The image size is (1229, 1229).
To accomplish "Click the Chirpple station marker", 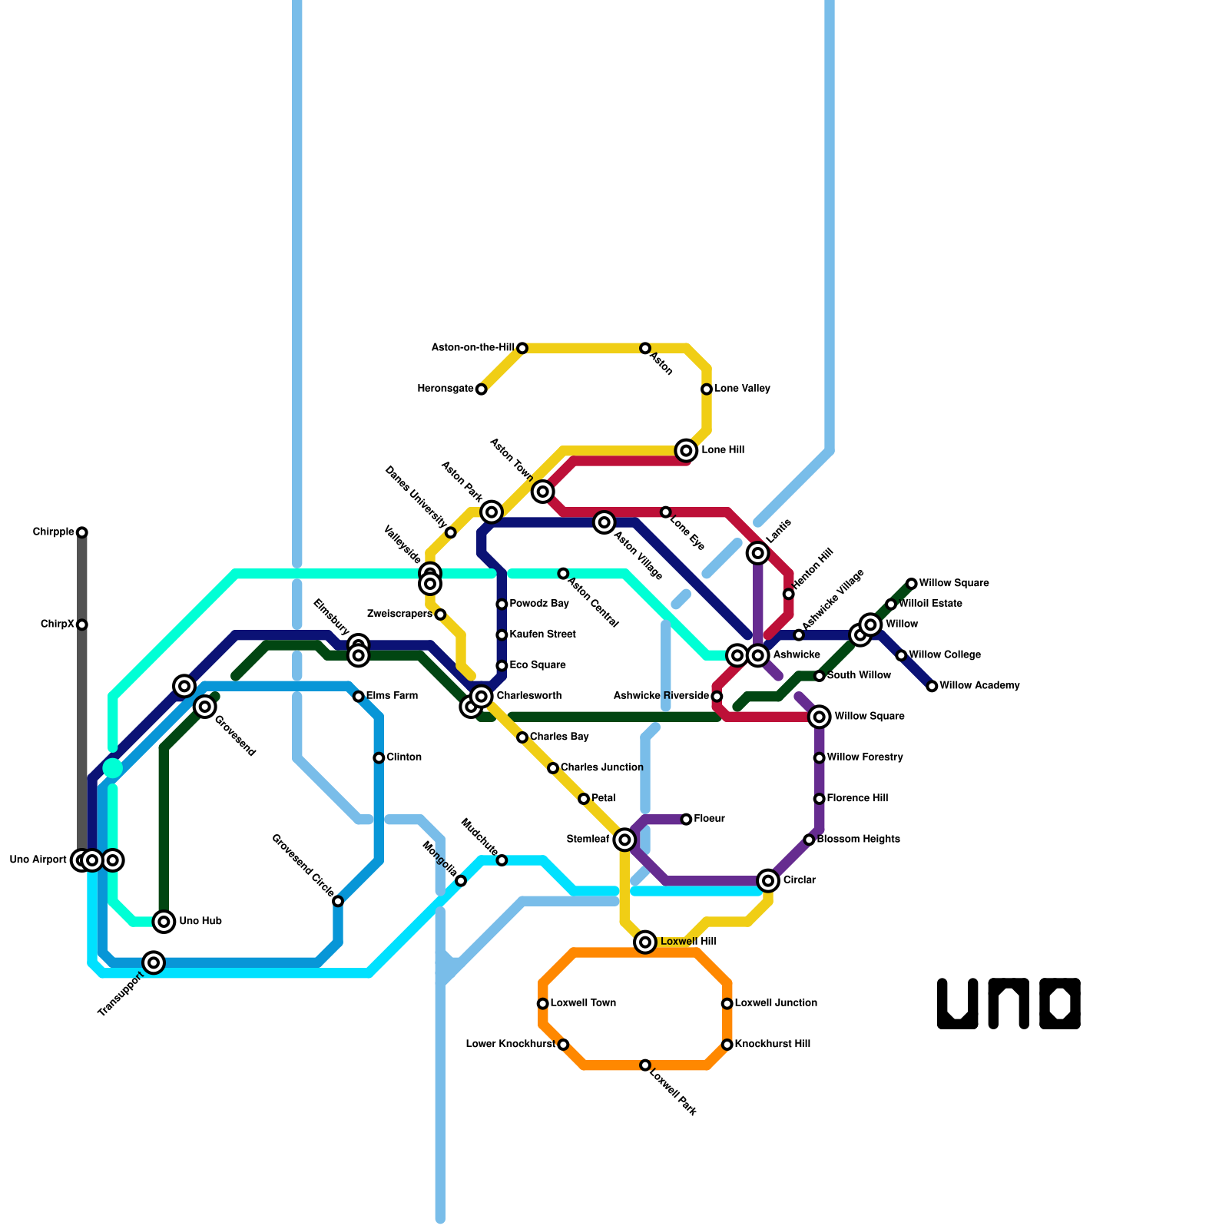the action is pos(82,532).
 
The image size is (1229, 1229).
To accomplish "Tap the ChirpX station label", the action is pos(58,624).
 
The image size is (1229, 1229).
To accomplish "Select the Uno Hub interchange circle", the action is pos(164,921).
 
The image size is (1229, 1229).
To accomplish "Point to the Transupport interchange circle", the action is pos(154,962).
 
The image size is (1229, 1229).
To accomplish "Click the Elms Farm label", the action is pos(392,696).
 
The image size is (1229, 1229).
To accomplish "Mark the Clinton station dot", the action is pos(379,758).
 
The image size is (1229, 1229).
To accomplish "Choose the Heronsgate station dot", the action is pos(481,389).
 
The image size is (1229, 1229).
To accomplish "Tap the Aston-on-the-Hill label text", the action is pos(472,348).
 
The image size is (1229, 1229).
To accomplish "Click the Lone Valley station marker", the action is pos(707,389).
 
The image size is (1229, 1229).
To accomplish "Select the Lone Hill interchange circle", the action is pos(687,450).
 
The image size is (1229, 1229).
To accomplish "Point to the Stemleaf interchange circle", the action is pos(625,840).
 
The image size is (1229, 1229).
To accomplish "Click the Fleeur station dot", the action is pos(686,820).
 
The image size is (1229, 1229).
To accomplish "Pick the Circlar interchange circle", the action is pos(768,880).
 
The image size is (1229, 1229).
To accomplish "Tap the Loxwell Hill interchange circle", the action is pos(645,942).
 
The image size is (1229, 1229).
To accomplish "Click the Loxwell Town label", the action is pos(583,1003).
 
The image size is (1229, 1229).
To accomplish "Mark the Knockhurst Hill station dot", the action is pos(727,1045).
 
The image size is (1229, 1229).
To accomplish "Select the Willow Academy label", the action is pos(979,686).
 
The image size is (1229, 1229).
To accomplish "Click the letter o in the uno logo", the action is pos(1060,1003).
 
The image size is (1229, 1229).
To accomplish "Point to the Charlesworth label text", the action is pos(528,696).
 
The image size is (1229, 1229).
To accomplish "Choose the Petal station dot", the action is pos(584,799).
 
